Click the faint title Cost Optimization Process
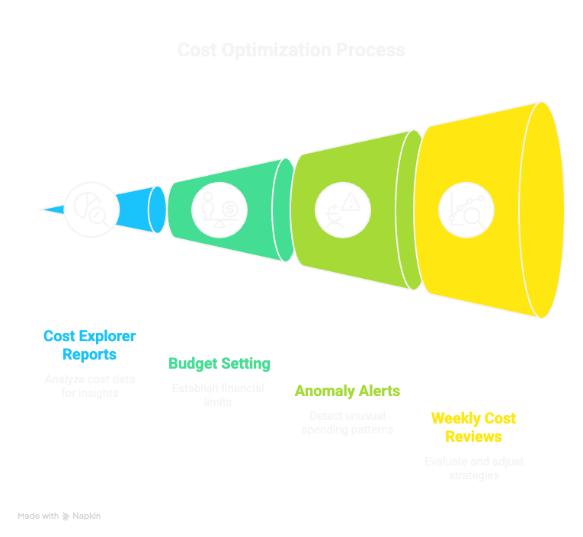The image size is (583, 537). pos(291,50)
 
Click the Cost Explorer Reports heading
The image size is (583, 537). pos(89,345)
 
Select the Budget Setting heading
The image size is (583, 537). pos(219,363)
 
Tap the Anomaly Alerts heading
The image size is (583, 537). pos(348,391)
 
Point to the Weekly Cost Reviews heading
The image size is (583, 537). pos(473,427)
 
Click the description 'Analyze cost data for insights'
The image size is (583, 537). pos(90,386)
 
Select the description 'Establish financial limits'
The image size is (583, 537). pos(218,395)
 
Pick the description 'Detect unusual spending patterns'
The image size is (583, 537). pos(348,423)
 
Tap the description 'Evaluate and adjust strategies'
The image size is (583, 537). pos(473,468)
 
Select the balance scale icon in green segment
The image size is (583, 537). pos(219,209)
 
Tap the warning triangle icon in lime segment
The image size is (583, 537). pos(343,209)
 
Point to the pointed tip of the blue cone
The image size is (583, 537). pos(44,209)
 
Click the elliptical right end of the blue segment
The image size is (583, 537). pos(157,209)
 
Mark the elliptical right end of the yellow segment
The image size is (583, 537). pos(542,209)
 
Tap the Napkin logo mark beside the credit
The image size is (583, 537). pos(66,516)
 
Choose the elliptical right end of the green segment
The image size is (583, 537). pos(283,209)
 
